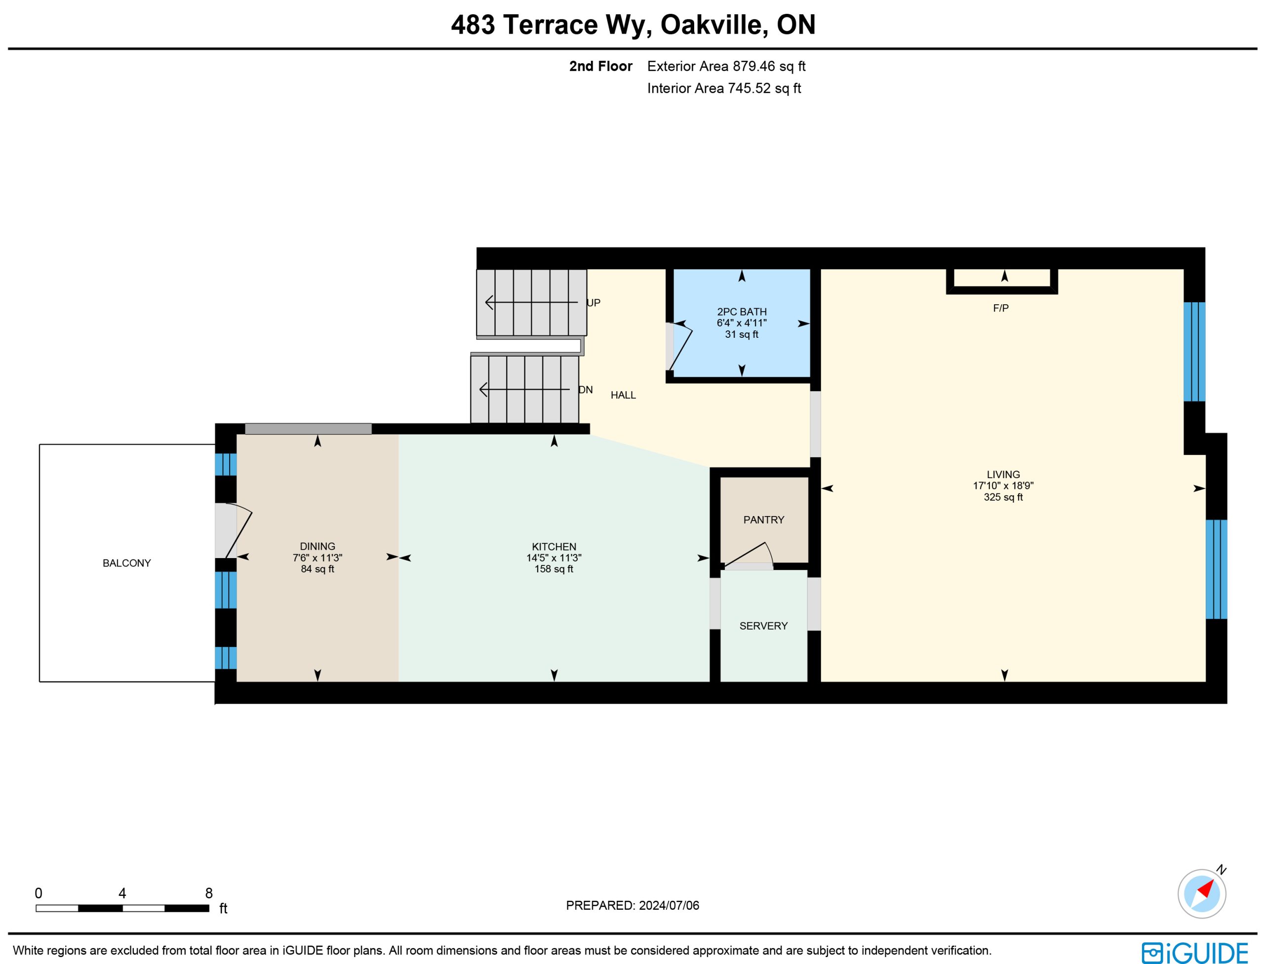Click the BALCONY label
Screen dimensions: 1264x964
point(127,563)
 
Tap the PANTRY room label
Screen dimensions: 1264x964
point(764,520)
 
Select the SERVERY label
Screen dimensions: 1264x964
point(764,626)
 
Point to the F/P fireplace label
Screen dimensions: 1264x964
point(1001,308)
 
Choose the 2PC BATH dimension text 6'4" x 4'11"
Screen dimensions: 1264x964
point(742,323)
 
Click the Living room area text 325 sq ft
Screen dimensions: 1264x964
point(1003,497)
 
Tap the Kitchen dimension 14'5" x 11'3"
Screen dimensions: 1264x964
point(554,558)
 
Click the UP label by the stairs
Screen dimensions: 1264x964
point(593,303)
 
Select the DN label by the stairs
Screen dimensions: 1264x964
point(586,390)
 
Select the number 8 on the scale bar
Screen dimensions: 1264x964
point(209,893)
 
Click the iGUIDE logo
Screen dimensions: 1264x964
point(1194,953)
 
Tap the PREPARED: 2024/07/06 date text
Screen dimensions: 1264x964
point(632,905)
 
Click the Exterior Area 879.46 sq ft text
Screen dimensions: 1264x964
point(726,67)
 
